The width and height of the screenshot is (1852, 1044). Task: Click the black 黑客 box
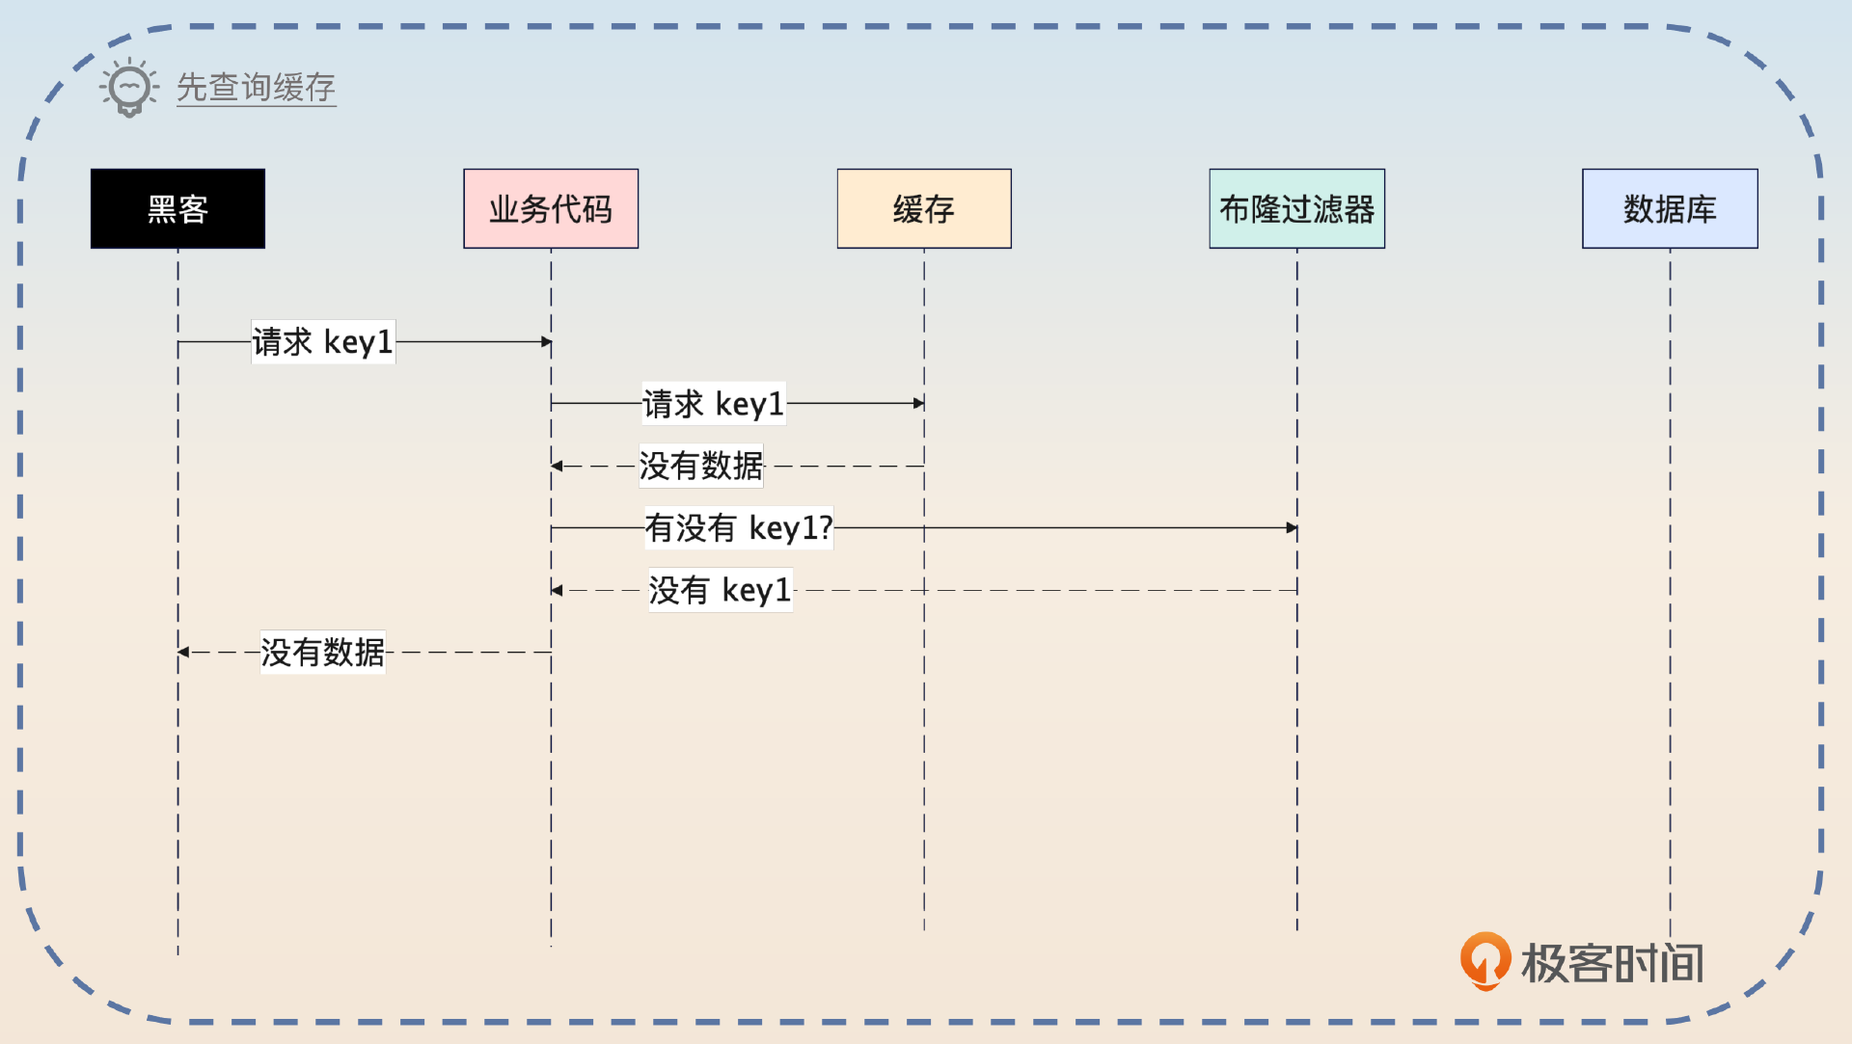pos(177,209)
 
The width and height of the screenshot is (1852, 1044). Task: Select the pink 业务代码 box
pos(551,209)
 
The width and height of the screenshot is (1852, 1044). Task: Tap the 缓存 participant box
pos(924,209)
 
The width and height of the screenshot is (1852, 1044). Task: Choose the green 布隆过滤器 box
pos(1296,209)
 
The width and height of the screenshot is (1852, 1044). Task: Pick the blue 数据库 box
pos(1670,209)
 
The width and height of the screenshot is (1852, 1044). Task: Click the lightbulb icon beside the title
pos(129,88)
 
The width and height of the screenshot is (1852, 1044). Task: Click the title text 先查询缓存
pos(256,88)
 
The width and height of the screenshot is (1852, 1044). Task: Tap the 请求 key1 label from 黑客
pos(323,342)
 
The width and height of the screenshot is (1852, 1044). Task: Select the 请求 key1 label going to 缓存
pos(714,404)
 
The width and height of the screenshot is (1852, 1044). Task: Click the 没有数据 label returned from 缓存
pos(701,466)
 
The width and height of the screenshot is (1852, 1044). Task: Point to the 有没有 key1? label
pos(739,528)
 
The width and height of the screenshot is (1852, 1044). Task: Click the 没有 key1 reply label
pos(721,590)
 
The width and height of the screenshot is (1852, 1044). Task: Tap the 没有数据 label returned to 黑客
pos(323,653)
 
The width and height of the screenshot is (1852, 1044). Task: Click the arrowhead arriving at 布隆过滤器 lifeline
pos(1292,528)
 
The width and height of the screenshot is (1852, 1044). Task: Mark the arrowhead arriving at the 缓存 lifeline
pos(918,404)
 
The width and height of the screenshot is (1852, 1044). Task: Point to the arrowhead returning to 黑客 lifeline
pos(183,653)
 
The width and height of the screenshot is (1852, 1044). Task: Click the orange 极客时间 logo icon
pos(1484,960)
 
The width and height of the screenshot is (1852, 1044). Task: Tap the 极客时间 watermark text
pos(1612,963)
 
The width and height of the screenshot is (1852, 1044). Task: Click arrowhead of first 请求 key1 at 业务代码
pos(546,342)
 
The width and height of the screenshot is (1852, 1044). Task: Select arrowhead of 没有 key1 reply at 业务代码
pos(557,590)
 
